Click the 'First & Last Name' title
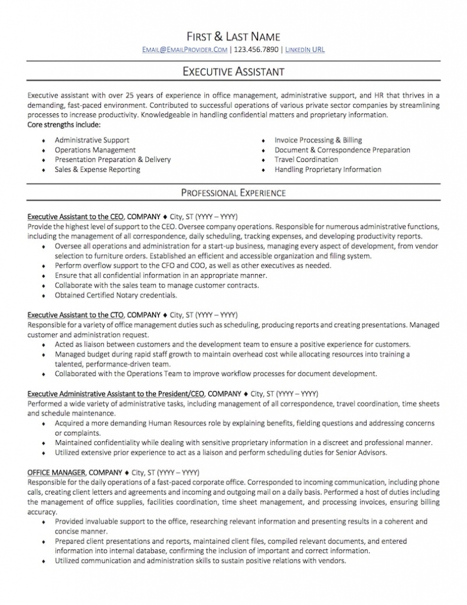(x=233, y=37)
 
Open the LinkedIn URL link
(x=305, y=50)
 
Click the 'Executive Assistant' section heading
(x=233, y=71)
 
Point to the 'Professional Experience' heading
(x=233, y=193)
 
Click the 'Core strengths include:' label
(x=64, y=125)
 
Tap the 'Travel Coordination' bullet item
(x=306, y=160)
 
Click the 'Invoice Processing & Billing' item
(x=318, y=140)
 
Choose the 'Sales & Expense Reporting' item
(x=97, y=170)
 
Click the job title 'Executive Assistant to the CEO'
(x=76, y=217)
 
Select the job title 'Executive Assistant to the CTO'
(x=76, y=315)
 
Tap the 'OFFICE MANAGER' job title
(x=57, y=473)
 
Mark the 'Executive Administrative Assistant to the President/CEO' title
(x=116, y=393)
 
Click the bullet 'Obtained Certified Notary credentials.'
(x=116, y=295)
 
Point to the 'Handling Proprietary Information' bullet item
(x=328, y=170)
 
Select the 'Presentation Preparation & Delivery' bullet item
(x=113, y=160)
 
